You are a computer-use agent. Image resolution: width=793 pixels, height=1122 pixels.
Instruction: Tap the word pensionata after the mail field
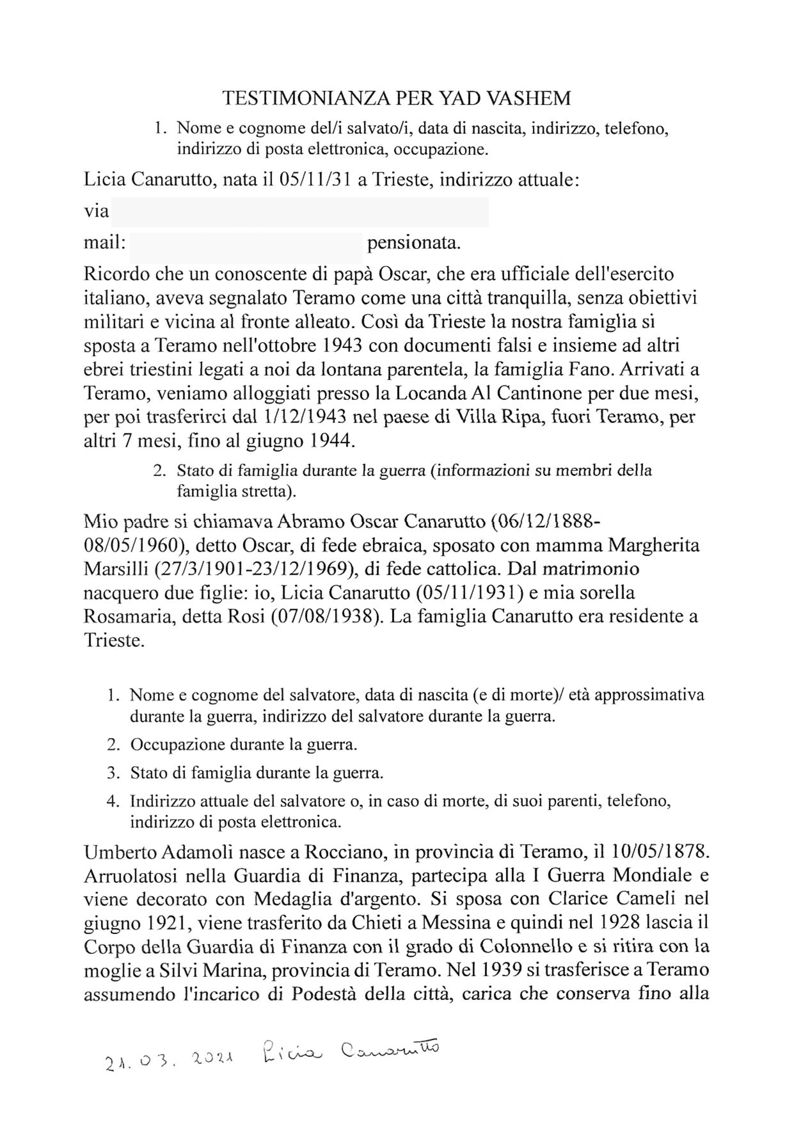pos(413,242)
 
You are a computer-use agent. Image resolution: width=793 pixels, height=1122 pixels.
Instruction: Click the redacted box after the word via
pos(299,212)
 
